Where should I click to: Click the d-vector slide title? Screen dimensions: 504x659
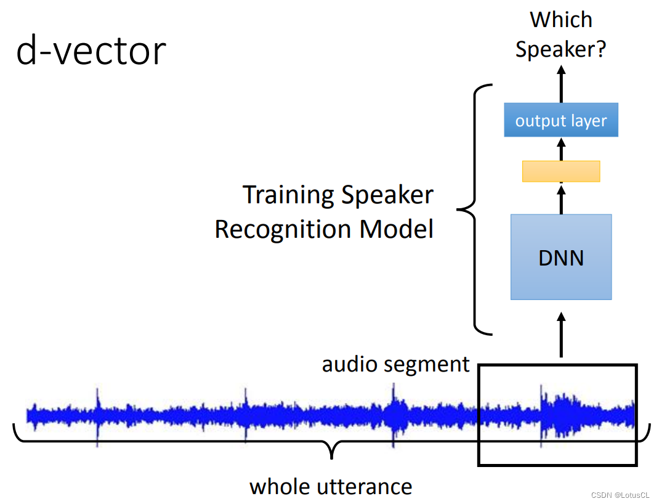point(91,51)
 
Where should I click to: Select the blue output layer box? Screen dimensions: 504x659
point(560,120)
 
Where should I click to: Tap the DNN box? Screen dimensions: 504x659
point(560,257)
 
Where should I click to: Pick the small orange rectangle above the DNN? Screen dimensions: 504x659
point(560,171)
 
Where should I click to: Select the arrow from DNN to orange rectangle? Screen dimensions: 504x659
point(560,198)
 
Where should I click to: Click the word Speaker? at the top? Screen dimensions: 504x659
point(560,49)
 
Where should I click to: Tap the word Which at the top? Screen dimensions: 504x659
point(560,20)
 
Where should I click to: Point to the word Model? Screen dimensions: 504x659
point(397,229)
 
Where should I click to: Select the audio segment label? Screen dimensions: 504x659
point(395,364)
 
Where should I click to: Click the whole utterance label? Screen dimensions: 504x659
point(331,486)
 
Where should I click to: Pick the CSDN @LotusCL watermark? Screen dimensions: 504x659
point(620,495)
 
